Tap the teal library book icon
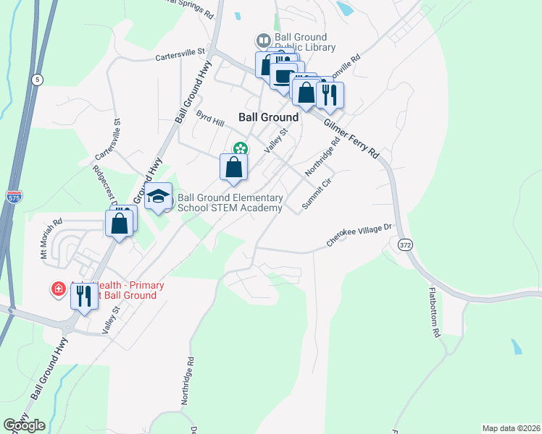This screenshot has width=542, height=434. click(x=263, y=40)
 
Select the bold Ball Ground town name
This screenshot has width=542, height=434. click(x=268, y=116)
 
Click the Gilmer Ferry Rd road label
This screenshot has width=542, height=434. click(x=352, y=140)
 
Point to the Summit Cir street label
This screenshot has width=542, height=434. click(x=316, y=193)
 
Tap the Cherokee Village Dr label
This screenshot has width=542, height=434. click(x=358, y=236)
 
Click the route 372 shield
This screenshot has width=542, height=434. click(x=405, y=246)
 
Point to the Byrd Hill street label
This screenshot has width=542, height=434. click(x=210, y=118)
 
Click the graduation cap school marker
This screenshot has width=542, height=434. click(x=158, y=196)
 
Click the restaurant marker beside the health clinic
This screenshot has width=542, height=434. click(x=84, y=295)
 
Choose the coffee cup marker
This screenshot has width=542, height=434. click(x=283, y=76)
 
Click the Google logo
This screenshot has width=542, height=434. click(x=24, y=425)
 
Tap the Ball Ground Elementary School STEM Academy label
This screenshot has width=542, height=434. click(x=230, y=203)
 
